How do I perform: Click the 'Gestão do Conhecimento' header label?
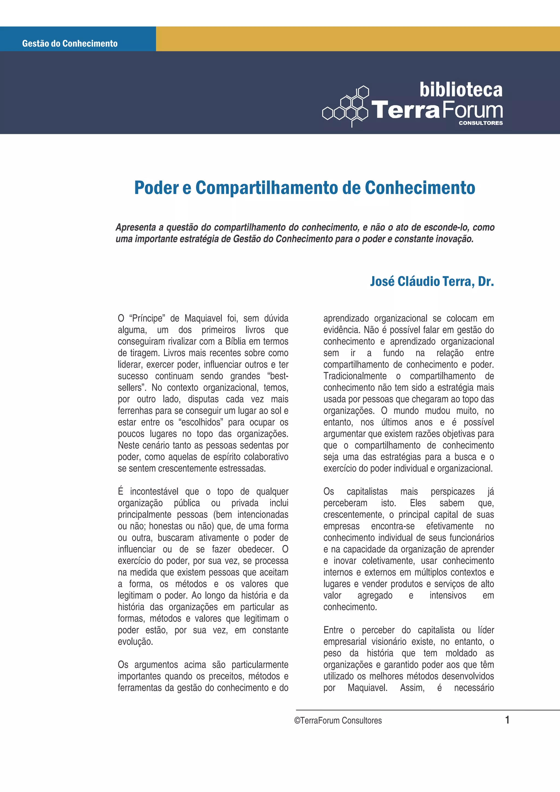(x=70, y=43)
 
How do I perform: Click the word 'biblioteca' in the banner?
(x=461, y=90)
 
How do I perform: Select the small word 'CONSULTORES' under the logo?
(x=481, y=123)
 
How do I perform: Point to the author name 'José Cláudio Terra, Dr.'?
(x=432, y=281)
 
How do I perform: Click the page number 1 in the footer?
(x=507, y=720)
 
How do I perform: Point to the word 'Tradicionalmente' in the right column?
(x=355, y=376)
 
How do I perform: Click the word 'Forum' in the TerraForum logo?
(x=472, y=110)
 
